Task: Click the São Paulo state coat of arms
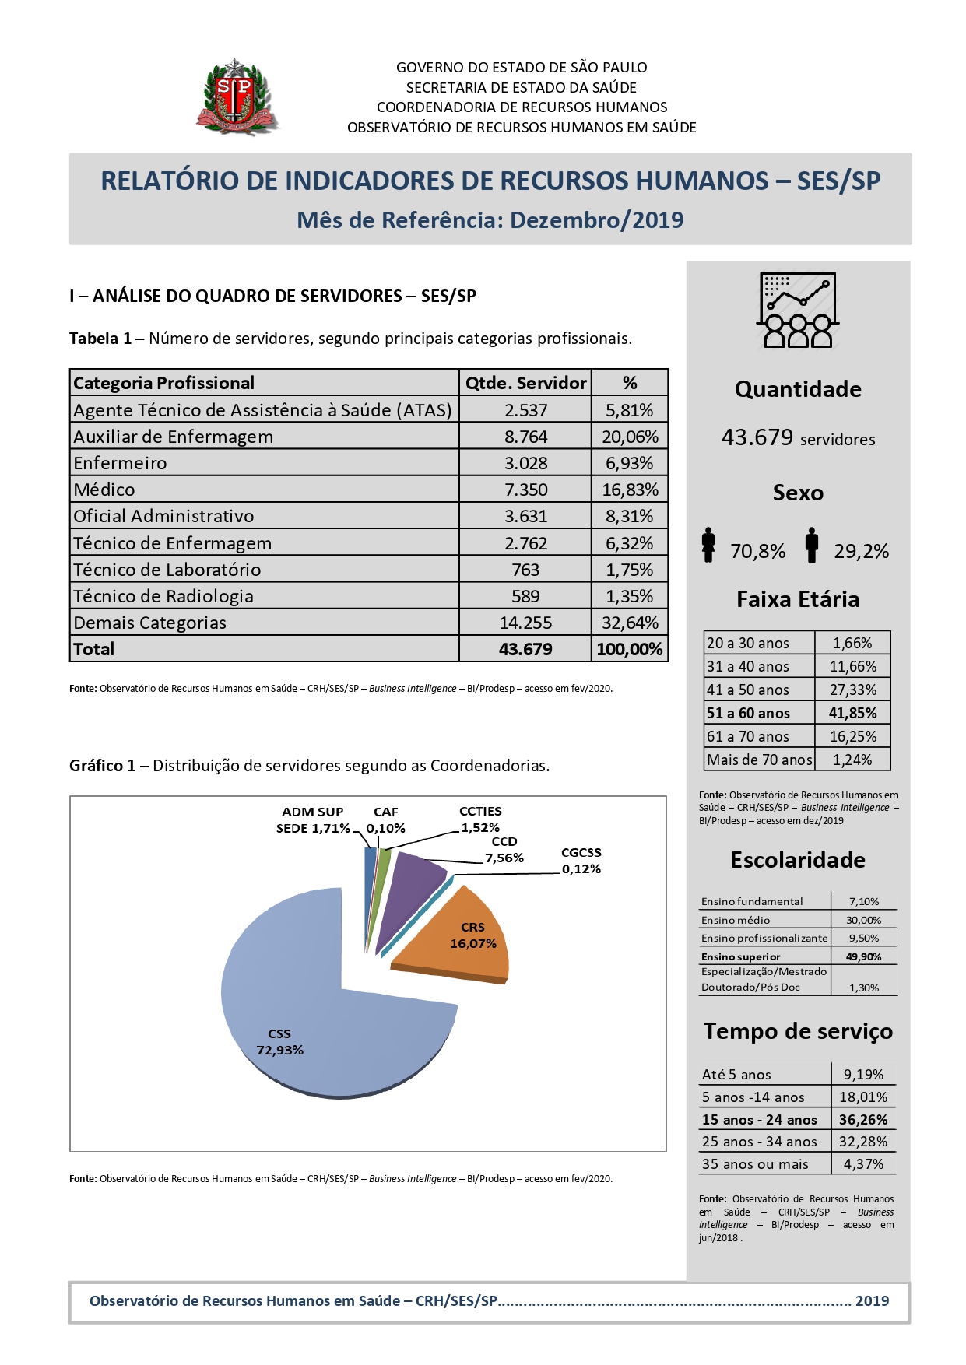237,97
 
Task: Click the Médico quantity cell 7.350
525,490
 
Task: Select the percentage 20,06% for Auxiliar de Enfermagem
630,437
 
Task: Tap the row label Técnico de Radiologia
163,596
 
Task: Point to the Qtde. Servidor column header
525,383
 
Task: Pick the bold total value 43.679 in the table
525,649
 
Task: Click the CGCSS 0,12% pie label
581,861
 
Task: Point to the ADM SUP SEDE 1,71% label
313,820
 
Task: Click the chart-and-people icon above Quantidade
798,310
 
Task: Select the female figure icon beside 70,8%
708,545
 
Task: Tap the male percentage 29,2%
861,552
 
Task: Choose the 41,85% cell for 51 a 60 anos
852,713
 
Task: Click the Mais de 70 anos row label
759,760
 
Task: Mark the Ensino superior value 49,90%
863,956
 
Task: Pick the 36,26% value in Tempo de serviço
863,1120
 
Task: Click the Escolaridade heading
798,860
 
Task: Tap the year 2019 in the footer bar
872,1301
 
